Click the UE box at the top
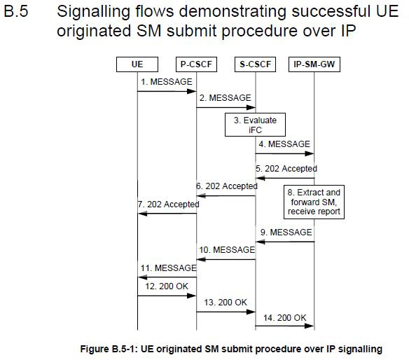137,64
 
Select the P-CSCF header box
196,64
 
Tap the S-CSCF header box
255,64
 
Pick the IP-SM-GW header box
314,64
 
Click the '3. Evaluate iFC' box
255,125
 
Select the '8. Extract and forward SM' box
314,202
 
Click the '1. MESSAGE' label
167,82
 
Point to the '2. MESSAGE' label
226,98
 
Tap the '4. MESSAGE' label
284,144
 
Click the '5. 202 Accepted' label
286,169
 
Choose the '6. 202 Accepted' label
227,186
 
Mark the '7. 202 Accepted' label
169,205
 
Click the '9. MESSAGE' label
286,232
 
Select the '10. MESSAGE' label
227,249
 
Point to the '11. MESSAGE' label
169,268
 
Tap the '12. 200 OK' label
167,286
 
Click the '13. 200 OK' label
226,303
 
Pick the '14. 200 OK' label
284,318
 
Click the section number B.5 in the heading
16,11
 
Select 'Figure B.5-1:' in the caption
109,349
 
